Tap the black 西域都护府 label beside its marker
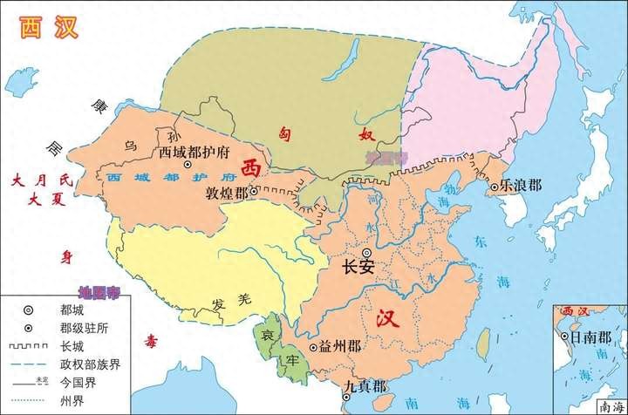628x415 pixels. click(195, 151)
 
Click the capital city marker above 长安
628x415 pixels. click(366, 252)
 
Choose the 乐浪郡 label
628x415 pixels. click(522, 187)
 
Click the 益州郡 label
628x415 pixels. click(340, 347)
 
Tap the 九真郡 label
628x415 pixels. click(359, 384)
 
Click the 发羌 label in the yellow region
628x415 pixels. click(226, 303)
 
